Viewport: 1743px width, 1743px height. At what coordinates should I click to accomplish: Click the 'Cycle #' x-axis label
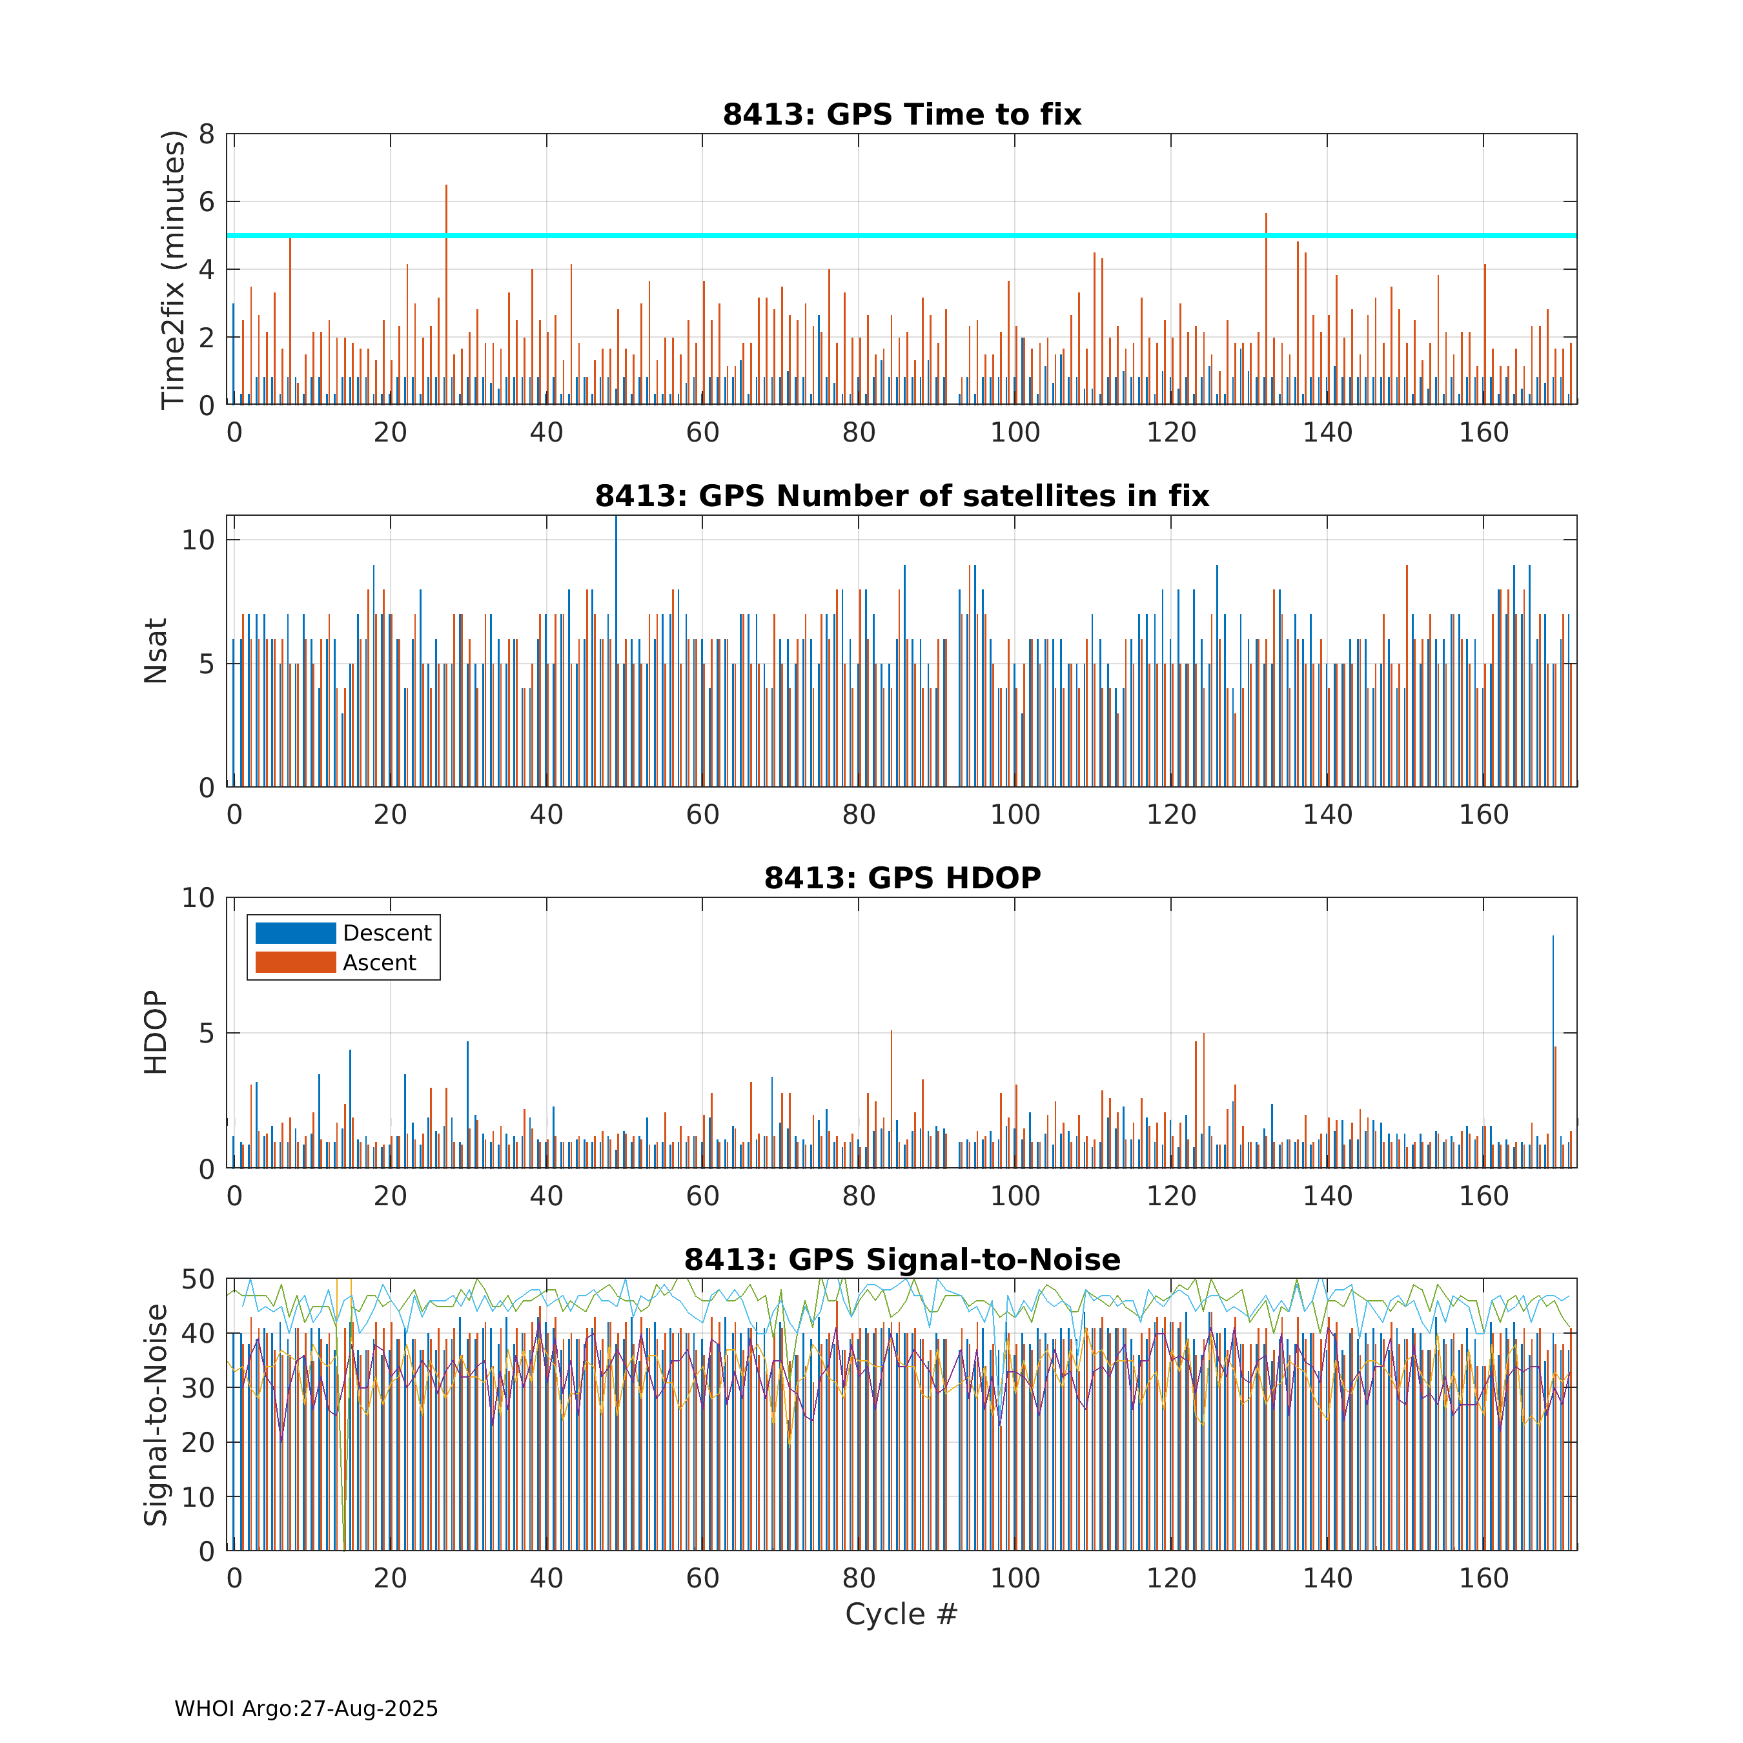pos(901,1614)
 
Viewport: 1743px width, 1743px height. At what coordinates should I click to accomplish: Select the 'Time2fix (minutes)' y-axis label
pos(172,269)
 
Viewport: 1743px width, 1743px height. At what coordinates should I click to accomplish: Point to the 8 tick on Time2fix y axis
pos(207,134)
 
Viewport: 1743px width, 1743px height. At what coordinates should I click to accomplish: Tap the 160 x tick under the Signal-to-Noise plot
pos(1484,1578)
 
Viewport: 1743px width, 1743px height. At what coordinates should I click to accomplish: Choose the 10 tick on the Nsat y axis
pos(198,540)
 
